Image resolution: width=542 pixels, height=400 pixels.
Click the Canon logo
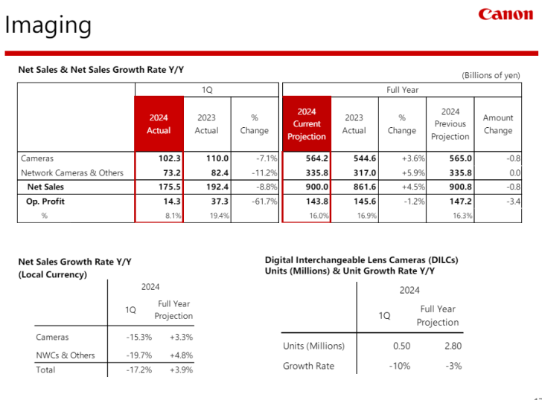pyautogui.click(x=506, y=14)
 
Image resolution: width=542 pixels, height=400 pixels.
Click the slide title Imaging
pyautogui.click(x=48, y=25)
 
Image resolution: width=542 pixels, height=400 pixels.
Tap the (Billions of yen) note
pyautogui.click(x=491, y=75)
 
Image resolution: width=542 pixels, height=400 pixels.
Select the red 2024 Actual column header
pyautogui.click(x=159, y=124)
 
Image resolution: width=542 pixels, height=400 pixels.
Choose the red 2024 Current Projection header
pyautogui.click(x=307, y=124)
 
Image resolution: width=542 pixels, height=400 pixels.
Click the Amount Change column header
pyautogui.click(x=498, y=124)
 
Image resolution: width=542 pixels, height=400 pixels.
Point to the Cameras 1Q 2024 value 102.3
pyautogui.click(x=170, y=158)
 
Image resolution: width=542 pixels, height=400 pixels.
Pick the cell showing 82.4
pyautogui.click(x=220, y=172)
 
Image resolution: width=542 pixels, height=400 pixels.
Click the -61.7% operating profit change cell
pyautogui.click(x=264, y=201)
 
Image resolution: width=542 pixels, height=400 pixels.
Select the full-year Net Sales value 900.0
pyautogui.click(x=317, y=187)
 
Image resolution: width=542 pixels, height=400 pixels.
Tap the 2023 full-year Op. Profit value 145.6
pyautogui.click(x=365, y=201)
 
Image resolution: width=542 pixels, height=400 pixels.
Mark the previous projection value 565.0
pyautogui.click(x=460, y=158)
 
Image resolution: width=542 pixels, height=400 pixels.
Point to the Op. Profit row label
pyautogui.click(x=45, y=201)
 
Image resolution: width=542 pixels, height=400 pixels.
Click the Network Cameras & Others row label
pyautogui.click(x=72, y=172)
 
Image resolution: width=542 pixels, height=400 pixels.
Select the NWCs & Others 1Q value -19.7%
pyautogui.click(x=139, y=355)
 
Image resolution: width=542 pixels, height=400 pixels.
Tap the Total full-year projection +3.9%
pyautogui.click(x=181, y=370)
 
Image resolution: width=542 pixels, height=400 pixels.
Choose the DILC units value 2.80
pyautogui.click(x=453, y=346)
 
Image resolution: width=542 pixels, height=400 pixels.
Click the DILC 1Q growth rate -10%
pyautogui.click(x=400, y=366)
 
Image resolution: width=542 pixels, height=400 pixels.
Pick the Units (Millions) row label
pyautogui.click(x=314, y=346)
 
